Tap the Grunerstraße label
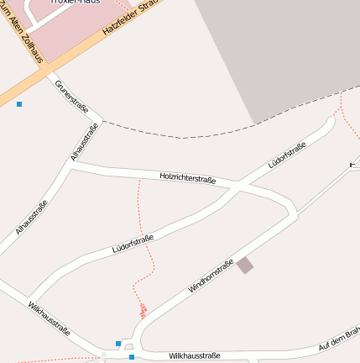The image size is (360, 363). pyautogui.click(x=71, y=97)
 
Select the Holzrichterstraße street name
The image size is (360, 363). pyautogui.click(x=188, y=178)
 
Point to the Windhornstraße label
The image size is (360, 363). pyautogui.click(x=211, y=276)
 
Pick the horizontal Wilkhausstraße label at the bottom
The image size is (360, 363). pyautogui.click(x=194, y=355)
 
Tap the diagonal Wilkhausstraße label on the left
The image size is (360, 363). pyautogui.click(x=49, y=318)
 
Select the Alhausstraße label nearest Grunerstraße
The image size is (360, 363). pyautogui.click(x=85, y=142)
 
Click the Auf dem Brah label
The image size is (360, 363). pyautogui.click(x=339, y=337)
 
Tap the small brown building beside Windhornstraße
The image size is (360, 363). pyautogui.click(x=244, y=266)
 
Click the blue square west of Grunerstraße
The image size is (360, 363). pyautogui.click(x=19, y=104)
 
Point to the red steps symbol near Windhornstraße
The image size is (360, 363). pyautogui.click(x=143, y=310)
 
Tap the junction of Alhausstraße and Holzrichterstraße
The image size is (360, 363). pyautogui.click(x=70, y=166)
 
